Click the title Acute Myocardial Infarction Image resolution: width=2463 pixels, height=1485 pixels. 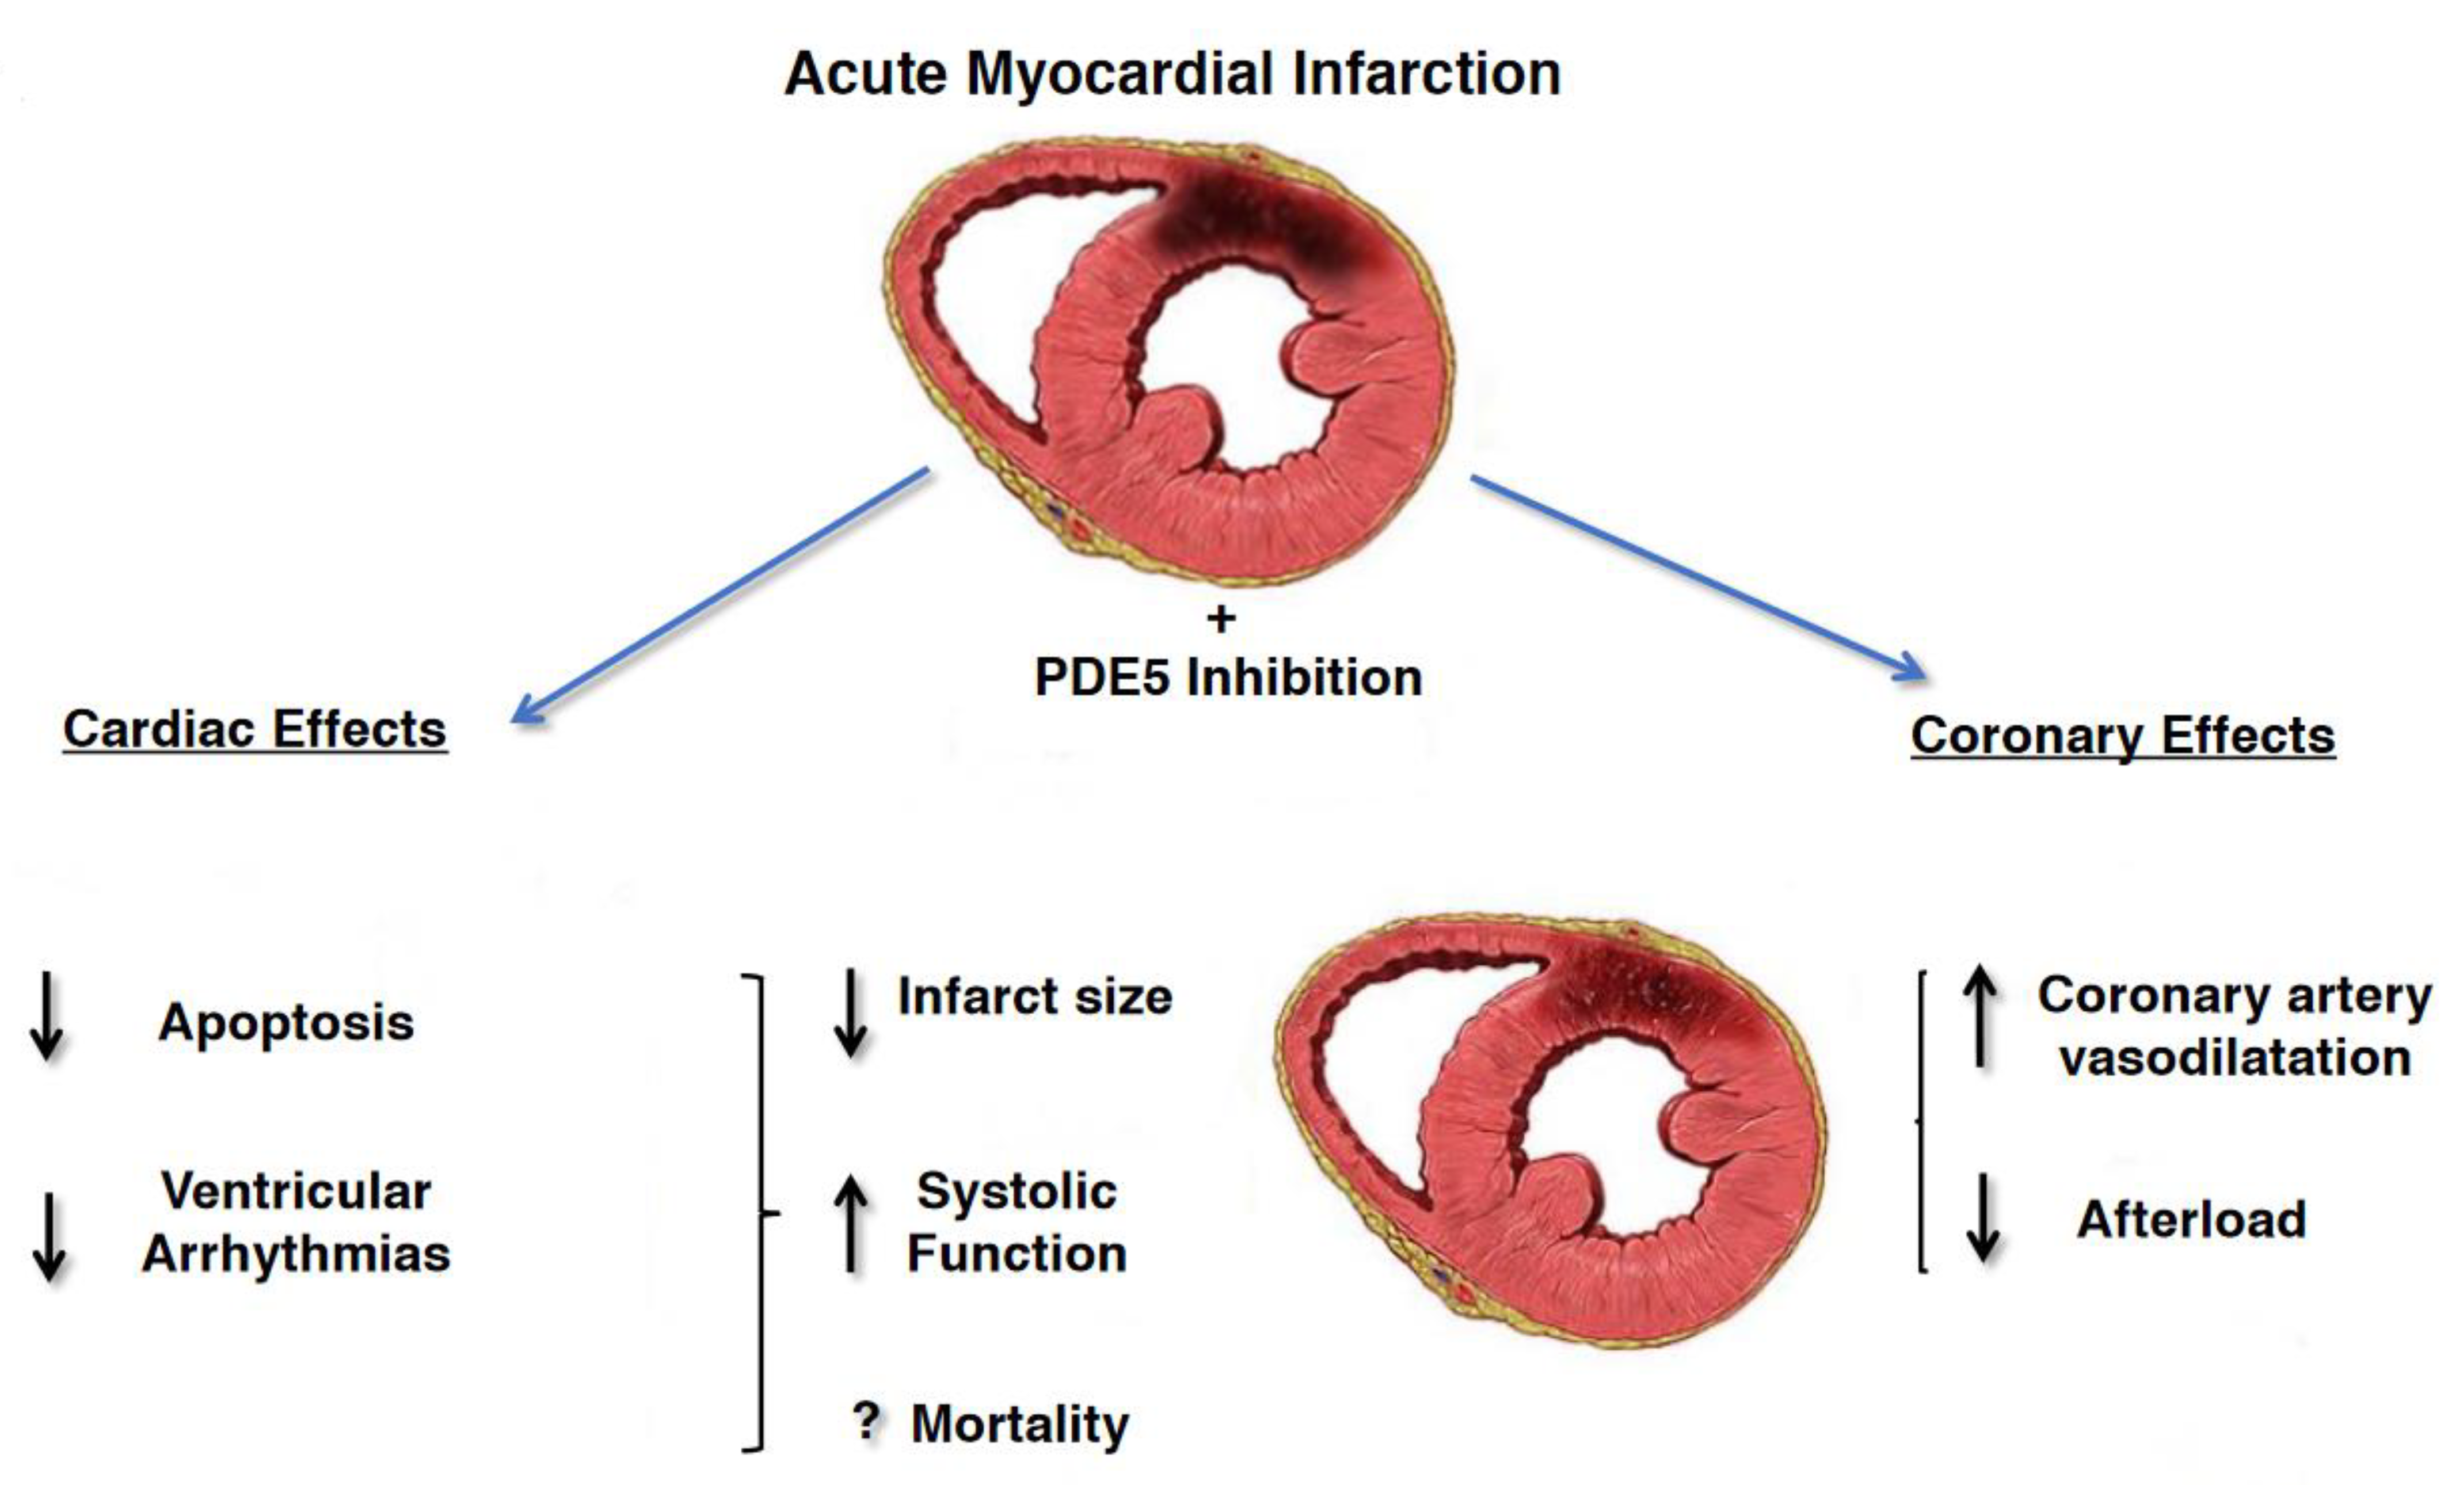pos(1171,74)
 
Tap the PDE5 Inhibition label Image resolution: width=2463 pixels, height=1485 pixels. pos(1228,677)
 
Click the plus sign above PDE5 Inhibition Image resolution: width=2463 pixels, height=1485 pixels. pos(1220,619)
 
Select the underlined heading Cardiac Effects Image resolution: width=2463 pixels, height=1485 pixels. pos(255,729)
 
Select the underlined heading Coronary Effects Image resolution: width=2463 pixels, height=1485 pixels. pos(2122,736)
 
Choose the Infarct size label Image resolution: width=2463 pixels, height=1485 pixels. pos(1034,996)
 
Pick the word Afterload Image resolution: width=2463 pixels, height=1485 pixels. pos(2191,1219)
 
